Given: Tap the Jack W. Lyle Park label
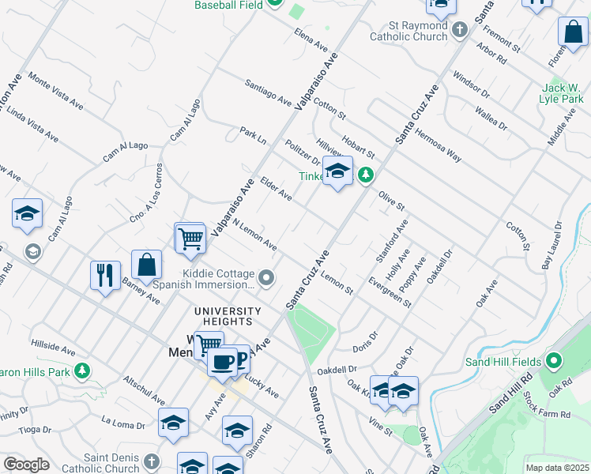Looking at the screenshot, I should (x=562, y=92).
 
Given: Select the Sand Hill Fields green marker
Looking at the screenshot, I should (x=554, y=363).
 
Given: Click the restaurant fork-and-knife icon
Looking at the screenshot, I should (x=105, y=276).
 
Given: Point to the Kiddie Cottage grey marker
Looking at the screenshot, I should (x=266, y=277).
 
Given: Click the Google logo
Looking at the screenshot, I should (x=26, y=465).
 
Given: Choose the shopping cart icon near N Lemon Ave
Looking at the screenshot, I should (x=190, y=238).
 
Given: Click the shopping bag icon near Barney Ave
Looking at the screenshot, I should (x=147, y=265).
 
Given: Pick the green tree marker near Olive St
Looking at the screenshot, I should (x=366, y=174).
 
